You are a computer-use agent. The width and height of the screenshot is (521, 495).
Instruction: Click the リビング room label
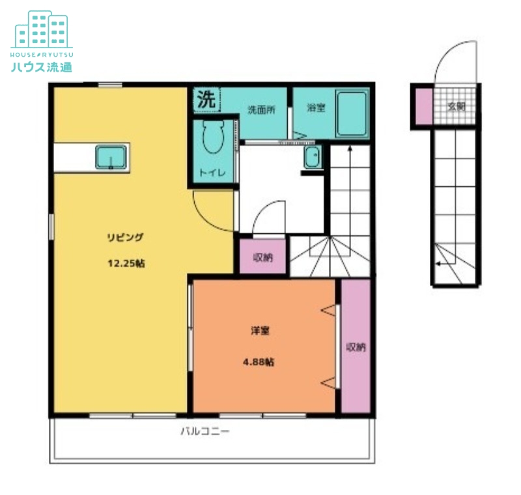tap(125, 238)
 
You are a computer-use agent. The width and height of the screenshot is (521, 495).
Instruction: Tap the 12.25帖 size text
tap(126, 263)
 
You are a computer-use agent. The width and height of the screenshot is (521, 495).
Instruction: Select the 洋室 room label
tap(260, 331)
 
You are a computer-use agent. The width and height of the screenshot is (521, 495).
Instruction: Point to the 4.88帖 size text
tap(259, 361)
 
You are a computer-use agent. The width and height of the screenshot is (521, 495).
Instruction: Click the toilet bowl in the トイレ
tap(213, 137)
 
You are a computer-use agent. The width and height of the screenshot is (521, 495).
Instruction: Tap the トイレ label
tap(213, 173)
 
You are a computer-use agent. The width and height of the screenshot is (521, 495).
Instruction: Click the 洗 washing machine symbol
tap(206, 99)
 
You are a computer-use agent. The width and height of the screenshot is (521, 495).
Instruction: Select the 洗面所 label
tap(262, 109)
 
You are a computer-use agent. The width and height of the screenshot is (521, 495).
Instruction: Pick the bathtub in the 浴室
tap(352, 113)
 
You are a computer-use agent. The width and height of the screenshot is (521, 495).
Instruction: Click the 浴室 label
tap(316, 107)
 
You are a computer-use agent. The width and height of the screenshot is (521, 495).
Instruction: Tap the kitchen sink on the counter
tap(111, 157)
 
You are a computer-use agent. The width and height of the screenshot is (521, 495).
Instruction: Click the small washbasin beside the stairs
tap(313, 156)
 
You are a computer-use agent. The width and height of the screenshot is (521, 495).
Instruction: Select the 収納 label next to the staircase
tap(263, 257)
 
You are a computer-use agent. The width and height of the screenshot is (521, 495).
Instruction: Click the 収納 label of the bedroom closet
tap(356, 347)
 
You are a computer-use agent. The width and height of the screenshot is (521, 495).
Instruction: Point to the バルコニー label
tap(205, 432)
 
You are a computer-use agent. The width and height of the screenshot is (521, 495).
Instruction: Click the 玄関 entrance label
tap(456, 107)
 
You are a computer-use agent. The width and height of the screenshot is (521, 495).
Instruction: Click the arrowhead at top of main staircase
tap(350, 148)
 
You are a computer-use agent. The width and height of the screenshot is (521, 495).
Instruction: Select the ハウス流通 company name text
tap(42, 67)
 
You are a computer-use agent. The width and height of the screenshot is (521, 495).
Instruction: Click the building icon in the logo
tap(42, 29)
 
